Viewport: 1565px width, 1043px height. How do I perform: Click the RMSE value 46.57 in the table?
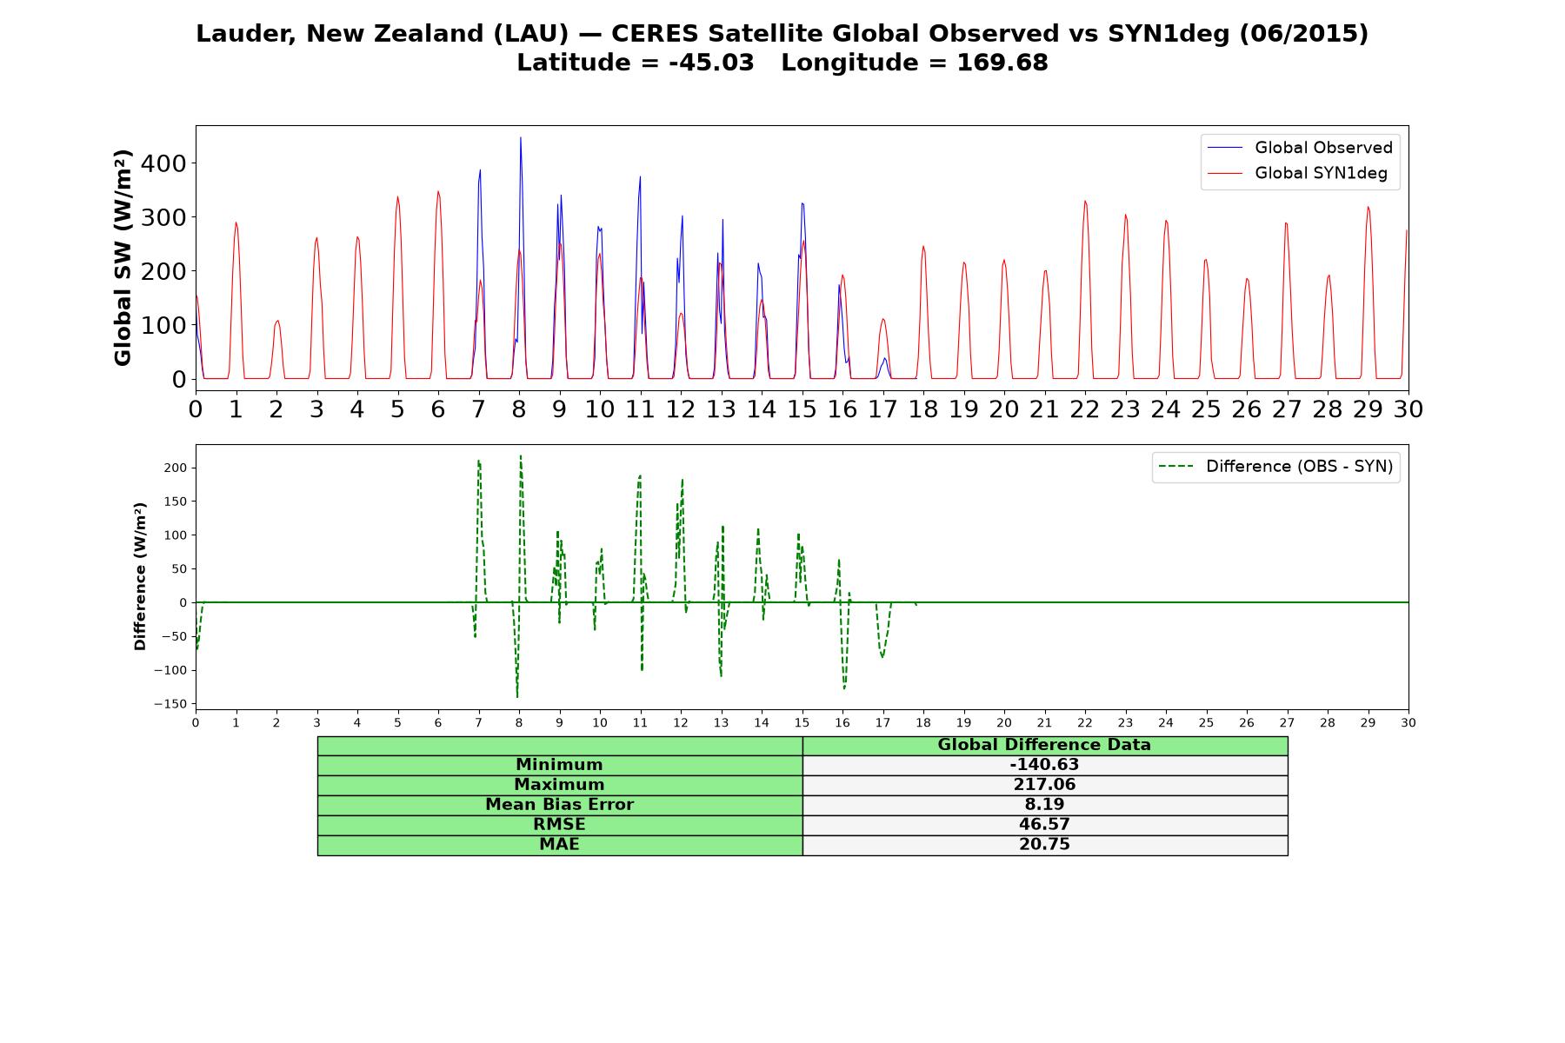tap(1044, 824)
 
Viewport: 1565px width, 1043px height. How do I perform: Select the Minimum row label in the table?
tap(559, 765)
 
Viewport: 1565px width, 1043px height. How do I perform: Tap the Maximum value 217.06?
tap(1044, 785)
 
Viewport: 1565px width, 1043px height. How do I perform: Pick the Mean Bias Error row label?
tap(559, 805)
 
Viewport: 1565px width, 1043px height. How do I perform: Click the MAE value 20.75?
tap(1044, 844)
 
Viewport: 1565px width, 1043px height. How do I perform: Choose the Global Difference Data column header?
tap(1044, 745)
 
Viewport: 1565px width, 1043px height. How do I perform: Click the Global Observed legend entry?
tap(1301, 148)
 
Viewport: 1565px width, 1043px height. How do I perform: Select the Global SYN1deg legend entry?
tap(1298, 174)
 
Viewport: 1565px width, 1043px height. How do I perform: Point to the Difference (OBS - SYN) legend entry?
tap(1276, 467)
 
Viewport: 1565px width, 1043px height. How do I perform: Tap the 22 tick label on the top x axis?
tap(1085, 409)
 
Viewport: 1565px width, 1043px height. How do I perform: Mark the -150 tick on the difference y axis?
tap(170, 704)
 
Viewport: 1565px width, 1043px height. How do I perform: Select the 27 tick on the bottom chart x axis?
tap(1287, 722)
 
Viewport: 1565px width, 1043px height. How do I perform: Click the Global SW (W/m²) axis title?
tap(123, 257)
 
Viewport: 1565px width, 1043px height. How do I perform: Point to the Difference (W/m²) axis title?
tap(140, 576)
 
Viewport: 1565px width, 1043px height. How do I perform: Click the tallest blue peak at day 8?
tap(521, 137)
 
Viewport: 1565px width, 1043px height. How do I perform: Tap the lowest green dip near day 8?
tap(517, 696)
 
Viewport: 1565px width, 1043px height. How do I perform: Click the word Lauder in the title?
tap(246, 34)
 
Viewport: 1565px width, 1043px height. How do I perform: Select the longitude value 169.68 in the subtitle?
tap(1002, 63)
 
